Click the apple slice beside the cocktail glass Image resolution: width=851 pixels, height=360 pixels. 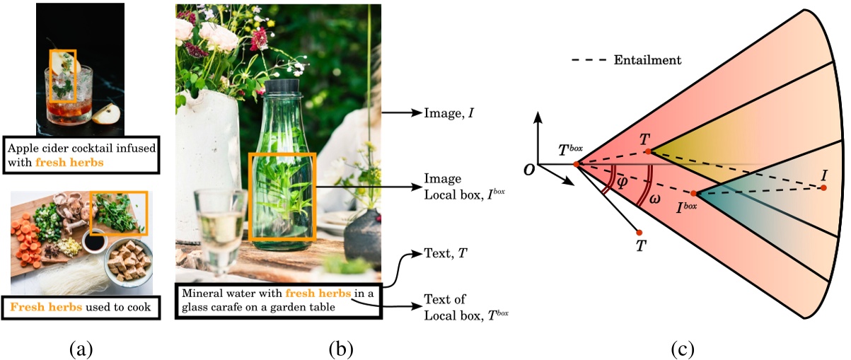104,112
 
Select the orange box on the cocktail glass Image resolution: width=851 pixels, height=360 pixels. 62,75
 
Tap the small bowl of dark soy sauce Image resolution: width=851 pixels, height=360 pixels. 94,241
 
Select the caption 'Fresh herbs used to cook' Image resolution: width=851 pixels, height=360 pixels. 79,308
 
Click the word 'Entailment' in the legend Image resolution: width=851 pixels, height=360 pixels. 646,61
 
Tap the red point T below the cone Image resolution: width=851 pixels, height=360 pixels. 639,232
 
